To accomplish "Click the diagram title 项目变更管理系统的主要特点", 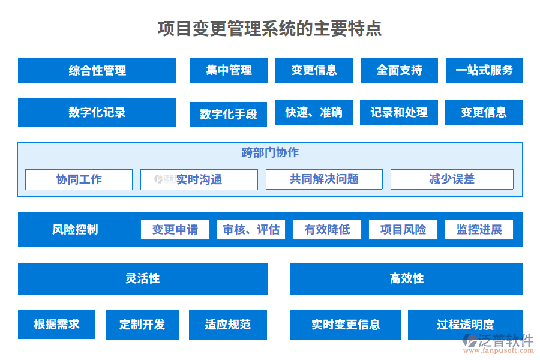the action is [x=269, y=28].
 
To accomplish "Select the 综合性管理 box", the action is [x=97, y=71].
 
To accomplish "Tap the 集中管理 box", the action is [x=229, y=70].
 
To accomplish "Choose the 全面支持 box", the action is [x=399, y=70].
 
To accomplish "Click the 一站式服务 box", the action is [x=484, y=70].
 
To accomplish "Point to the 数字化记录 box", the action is [x=97, y=112].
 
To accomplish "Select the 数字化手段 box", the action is [x=228, y=114].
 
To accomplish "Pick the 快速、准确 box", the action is [x=313, y=112].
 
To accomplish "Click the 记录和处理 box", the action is [x=399, y=112].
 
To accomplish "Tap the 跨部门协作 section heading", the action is [x=270, y=152].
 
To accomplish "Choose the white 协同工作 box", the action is [x=79, y=179].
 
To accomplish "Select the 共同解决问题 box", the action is [x=324, y=179].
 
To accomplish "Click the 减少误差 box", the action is [x=452, y=179].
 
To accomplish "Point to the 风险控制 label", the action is [x=75, y=229].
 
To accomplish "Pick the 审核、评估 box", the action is [x=251, y=230].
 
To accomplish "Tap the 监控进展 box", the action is [x=479, y=230].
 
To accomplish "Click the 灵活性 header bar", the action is [x=143, y=278].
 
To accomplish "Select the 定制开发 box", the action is [x=142, y=325].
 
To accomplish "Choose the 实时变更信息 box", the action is [x=346, y=325].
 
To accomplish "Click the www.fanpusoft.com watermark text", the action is [x=499, y=350].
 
